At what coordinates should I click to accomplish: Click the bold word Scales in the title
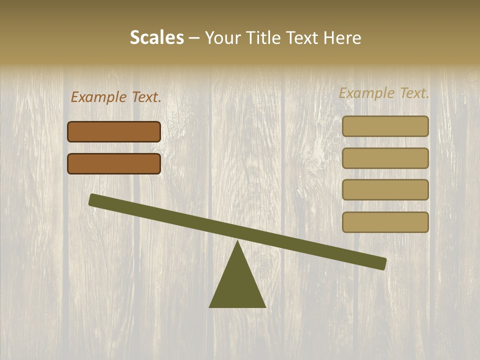156,38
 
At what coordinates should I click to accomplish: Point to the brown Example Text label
116,97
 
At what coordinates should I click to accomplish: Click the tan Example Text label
384,93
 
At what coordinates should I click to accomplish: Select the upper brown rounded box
114,131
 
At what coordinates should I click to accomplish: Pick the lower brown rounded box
114,163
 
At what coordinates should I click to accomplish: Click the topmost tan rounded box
385,126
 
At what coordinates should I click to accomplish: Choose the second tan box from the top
385,158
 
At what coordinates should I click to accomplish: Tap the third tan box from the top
385,189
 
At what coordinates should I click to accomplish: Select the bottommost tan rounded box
385,222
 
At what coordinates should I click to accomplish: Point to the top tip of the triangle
237,241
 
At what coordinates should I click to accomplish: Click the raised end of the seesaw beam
93,199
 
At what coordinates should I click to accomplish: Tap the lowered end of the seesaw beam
382,263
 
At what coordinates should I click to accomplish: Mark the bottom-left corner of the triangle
210,307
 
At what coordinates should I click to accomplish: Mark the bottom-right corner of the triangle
265,307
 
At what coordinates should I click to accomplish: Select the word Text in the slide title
303,38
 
